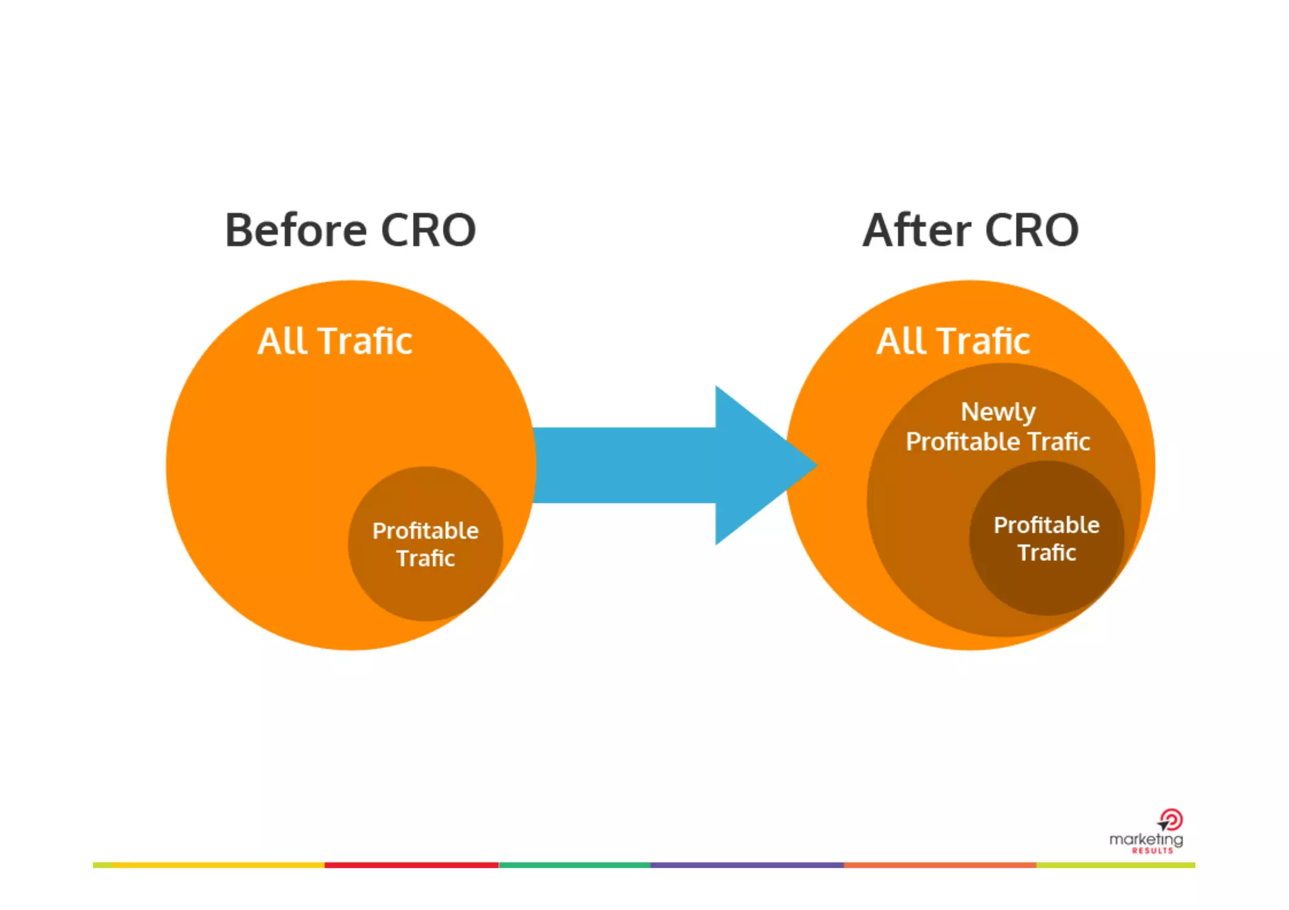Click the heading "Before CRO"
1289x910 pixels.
(350, 231)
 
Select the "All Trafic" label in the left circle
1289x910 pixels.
(335, 341)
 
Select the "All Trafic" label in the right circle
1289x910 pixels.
(953, 341)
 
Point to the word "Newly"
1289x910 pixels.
(998, 413)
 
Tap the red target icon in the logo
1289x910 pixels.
(1171, 820)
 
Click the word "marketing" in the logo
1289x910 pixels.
(1145, 840)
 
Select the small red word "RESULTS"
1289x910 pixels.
(1152, 851)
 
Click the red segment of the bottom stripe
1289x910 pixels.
(412, 865)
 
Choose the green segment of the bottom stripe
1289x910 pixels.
(574, 865)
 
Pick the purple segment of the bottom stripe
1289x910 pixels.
(746, 865)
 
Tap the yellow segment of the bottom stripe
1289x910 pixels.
(217, 865)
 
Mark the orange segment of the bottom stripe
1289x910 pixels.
(940, 865)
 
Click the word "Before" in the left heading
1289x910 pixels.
(295, 231)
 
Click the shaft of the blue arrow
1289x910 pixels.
(623, 465)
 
